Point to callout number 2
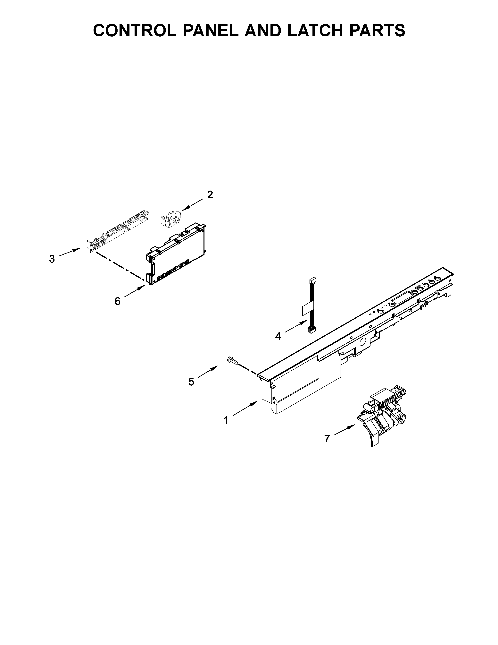210,195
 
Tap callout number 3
52,259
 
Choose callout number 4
278,336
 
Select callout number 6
117,301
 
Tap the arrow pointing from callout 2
193,205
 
